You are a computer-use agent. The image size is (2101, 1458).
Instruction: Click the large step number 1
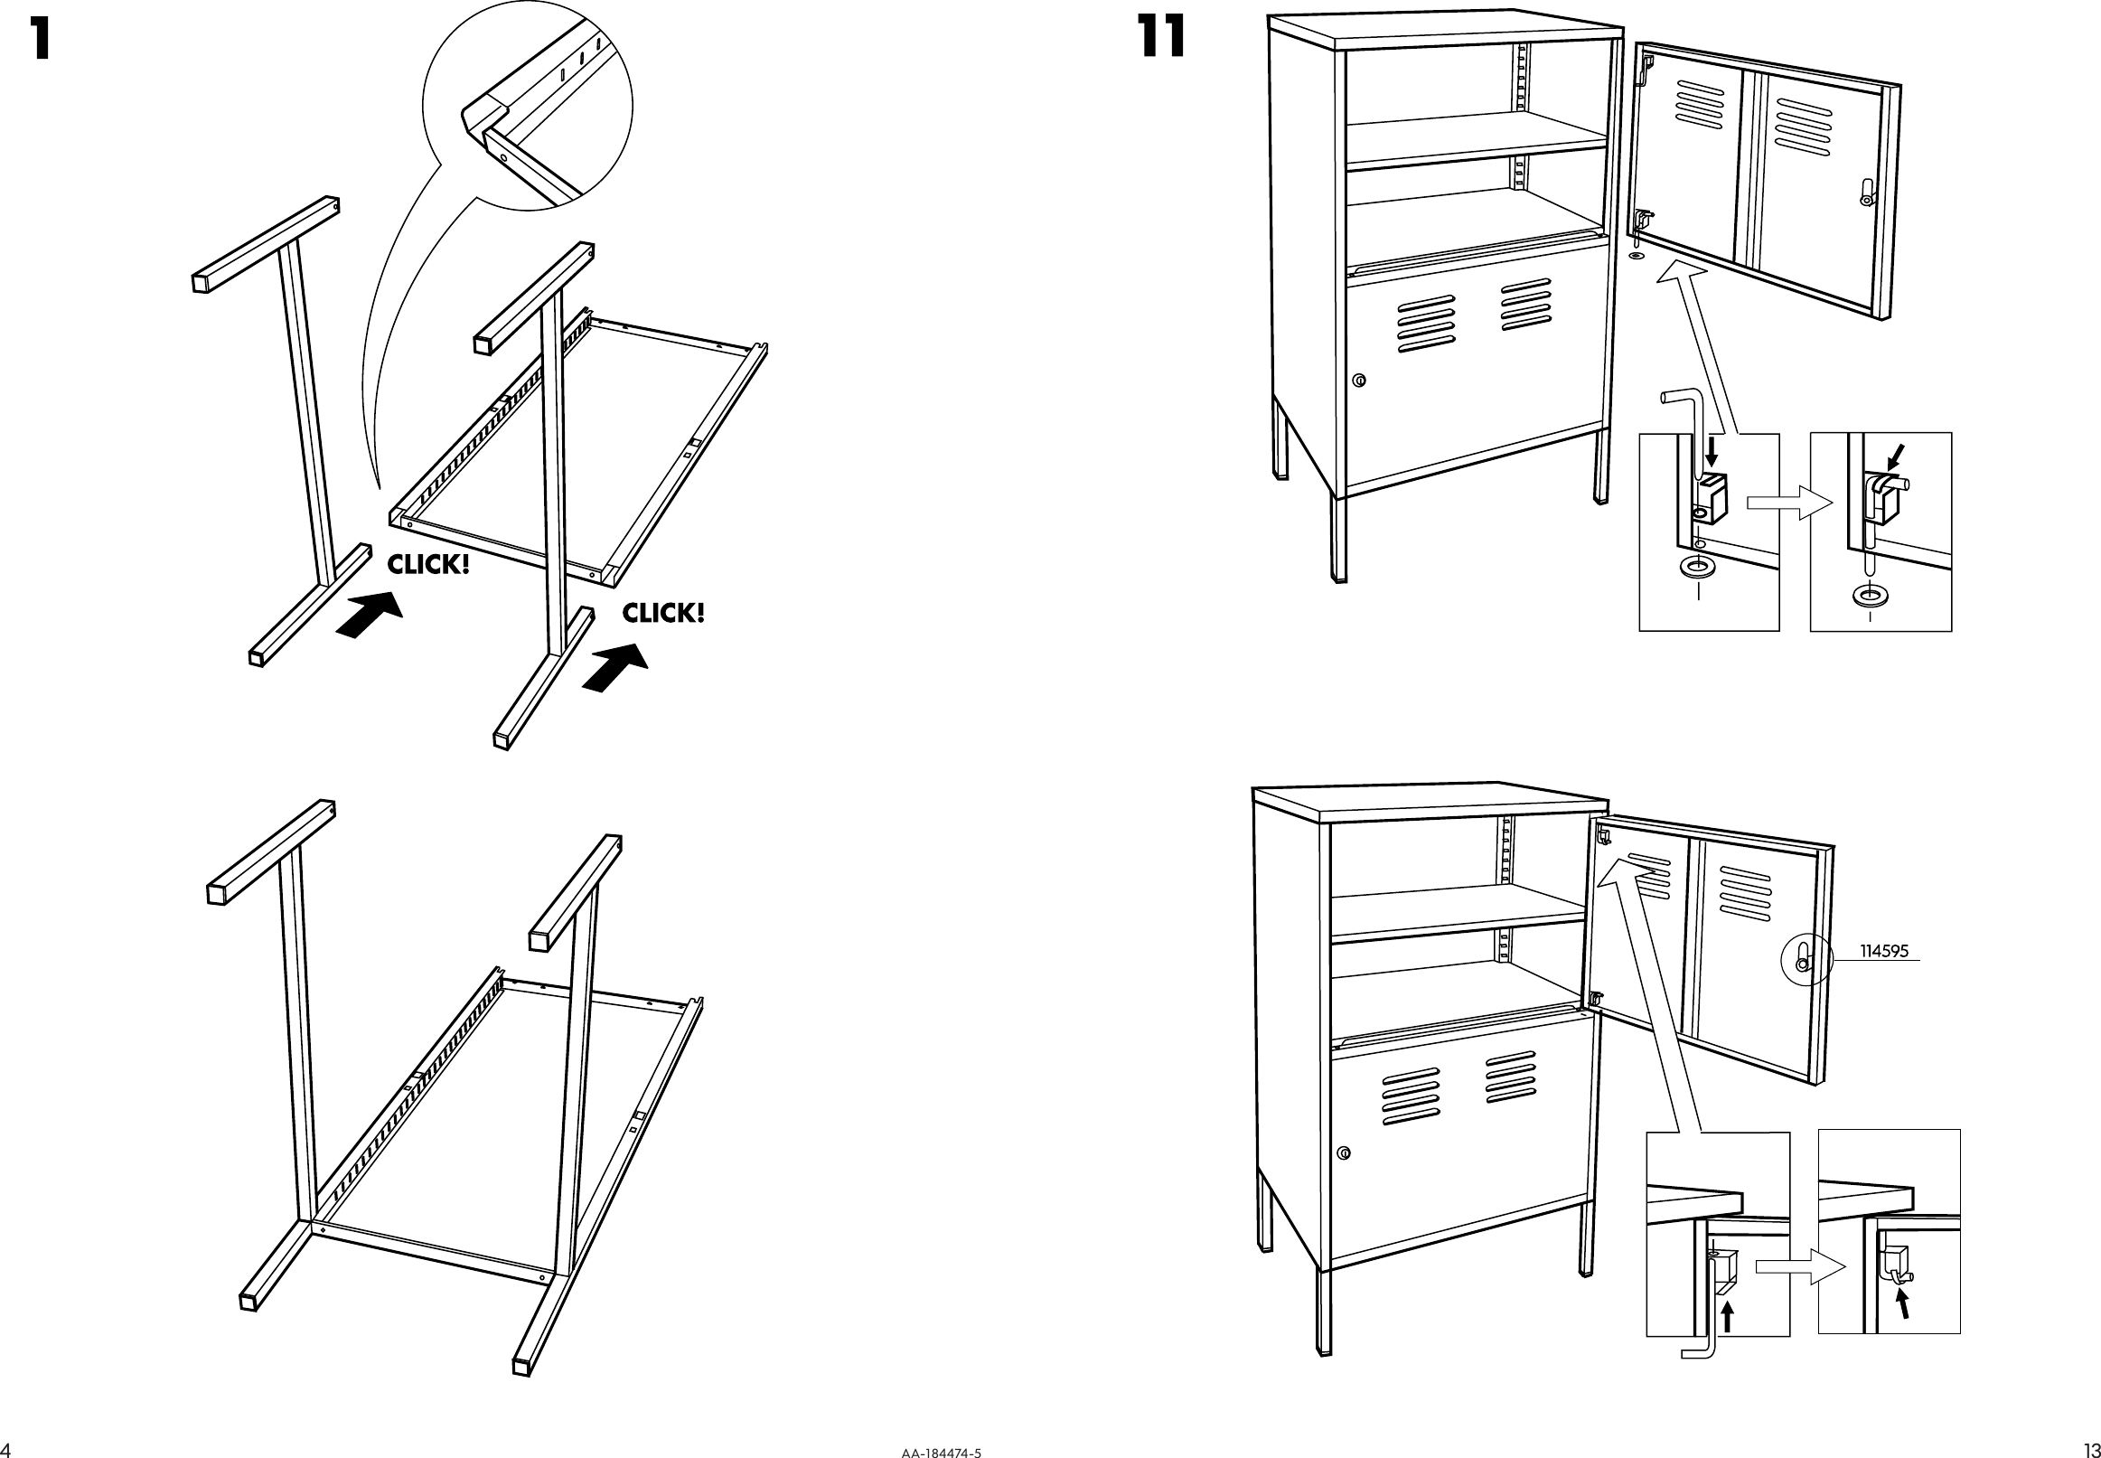39,40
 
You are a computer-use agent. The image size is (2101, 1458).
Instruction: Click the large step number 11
1163,37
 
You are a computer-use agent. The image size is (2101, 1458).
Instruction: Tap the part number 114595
1884,951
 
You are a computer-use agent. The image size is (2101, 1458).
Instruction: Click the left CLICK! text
428,565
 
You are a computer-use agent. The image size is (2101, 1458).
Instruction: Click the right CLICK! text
663,613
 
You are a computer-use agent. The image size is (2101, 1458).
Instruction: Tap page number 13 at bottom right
2090,1449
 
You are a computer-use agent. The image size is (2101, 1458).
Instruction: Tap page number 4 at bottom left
5,1450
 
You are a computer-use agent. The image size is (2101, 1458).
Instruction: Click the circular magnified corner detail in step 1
528,106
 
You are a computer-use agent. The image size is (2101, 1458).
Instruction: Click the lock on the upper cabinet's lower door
1360,380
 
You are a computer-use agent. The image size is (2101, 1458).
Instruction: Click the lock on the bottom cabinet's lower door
1343,1153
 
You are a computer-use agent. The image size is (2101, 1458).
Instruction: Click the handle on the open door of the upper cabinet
1866,193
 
